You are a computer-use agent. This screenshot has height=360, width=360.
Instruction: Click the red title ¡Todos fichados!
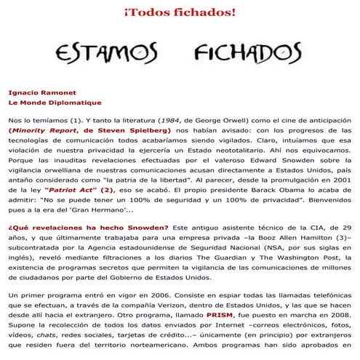point(179,12)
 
